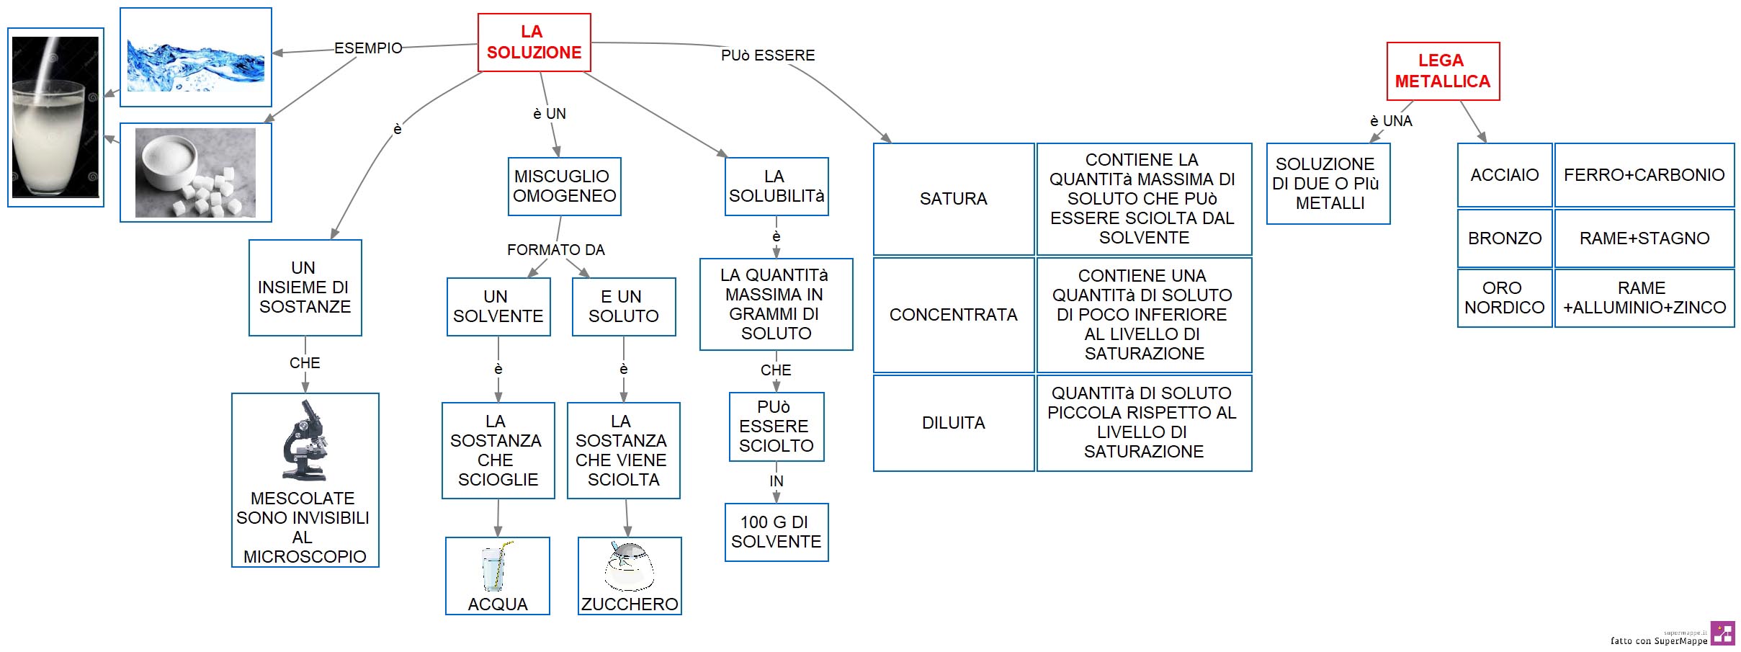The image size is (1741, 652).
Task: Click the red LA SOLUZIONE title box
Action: pyautogui.click(x=534, y=43)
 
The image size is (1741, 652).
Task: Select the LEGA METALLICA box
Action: pyautogui.click(x=1443, y=71)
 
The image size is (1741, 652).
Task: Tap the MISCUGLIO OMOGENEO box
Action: pyautogui.click(x=564, y=187)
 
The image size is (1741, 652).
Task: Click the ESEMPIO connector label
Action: pyautogui.click(x=368, y=48)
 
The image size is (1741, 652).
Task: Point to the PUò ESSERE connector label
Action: pyautogui.click(x=768, y=55)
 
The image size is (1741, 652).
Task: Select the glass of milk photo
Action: pyautogui.click(x=55, y=117)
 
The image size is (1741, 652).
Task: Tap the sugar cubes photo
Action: pyautogui.click(x=195, y=173)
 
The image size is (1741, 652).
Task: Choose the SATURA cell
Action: pyautogui.click(x=954, y=199)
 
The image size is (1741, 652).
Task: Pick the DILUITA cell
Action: pyautogui.click(x=954, y=423)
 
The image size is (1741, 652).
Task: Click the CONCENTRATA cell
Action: pyautogui.click(x=954, y=315)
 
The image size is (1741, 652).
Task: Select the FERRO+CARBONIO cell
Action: pyautogui.click(x=1644, y=175)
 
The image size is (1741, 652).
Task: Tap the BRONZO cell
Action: pyautogui.click(x=1505, y=238)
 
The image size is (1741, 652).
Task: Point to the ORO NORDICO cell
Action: pyautogui.click(x=1505, y=298)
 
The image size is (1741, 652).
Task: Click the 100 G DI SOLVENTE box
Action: pyautogui.click(x=776, y=532)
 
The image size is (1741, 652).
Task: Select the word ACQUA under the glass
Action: pyautogui.click(x=498, y=604)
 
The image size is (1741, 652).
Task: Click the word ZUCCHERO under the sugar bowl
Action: pyautogui.click(x=630, y=604)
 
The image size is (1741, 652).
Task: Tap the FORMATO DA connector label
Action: pyautogui.click(x=556, y=250)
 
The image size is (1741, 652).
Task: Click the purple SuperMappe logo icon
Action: pyautogui.click(x=1723, y=633)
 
